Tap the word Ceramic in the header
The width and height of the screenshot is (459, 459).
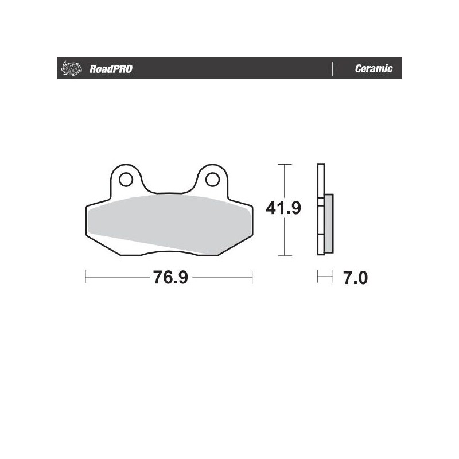374,69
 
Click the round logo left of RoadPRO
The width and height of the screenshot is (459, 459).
68,69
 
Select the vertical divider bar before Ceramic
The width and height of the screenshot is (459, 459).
333,69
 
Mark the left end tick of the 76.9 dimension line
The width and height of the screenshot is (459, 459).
85,278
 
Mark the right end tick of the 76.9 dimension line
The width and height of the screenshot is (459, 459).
252,278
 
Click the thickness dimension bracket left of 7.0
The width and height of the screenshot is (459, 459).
325,278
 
